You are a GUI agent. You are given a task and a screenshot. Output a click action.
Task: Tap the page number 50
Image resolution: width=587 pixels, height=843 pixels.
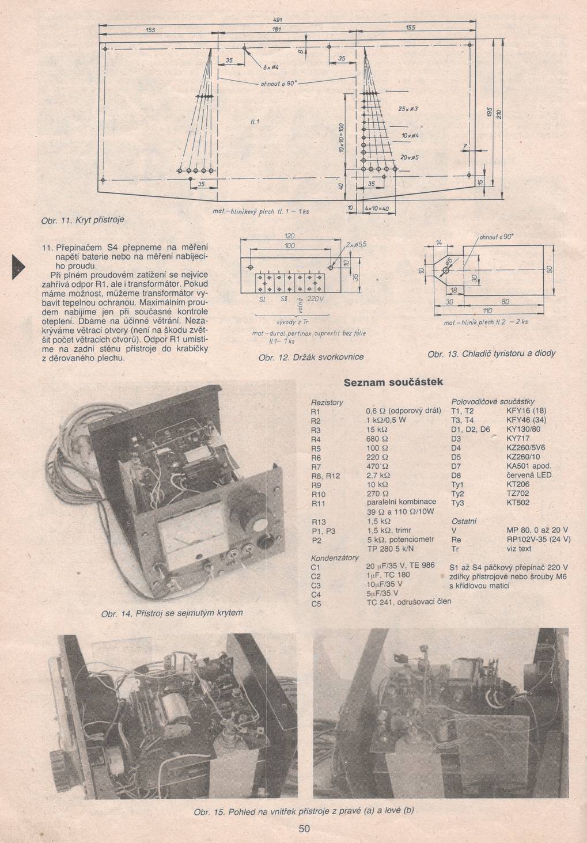tap(305, 829)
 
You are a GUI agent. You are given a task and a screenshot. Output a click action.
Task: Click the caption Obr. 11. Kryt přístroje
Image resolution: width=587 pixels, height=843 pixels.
tap(82, 219)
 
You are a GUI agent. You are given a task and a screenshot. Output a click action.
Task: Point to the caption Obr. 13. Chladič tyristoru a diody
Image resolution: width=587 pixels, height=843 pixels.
tap(491, 353)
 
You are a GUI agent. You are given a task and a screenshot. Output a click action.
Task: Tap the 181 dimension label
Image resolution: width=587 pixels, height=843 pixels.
tap(276, 28)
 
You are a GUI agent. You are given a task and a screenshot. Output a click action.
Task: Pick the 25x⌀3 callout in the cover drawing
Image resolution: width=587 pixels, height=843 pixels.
tap(407, 108)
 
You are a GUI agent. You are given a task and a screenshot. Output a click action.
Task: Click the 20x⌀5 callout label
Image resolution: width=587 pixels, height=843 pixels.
tap(409, 157)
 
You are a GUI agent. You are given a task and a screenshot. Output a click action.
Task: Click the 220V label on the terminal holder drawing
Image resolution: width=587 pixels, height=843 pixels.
tap(316, 299)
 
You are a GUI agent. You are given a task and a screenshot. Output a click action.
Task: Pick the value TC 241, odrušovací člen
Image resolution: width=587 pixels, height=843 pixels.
tap(408, 602)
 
